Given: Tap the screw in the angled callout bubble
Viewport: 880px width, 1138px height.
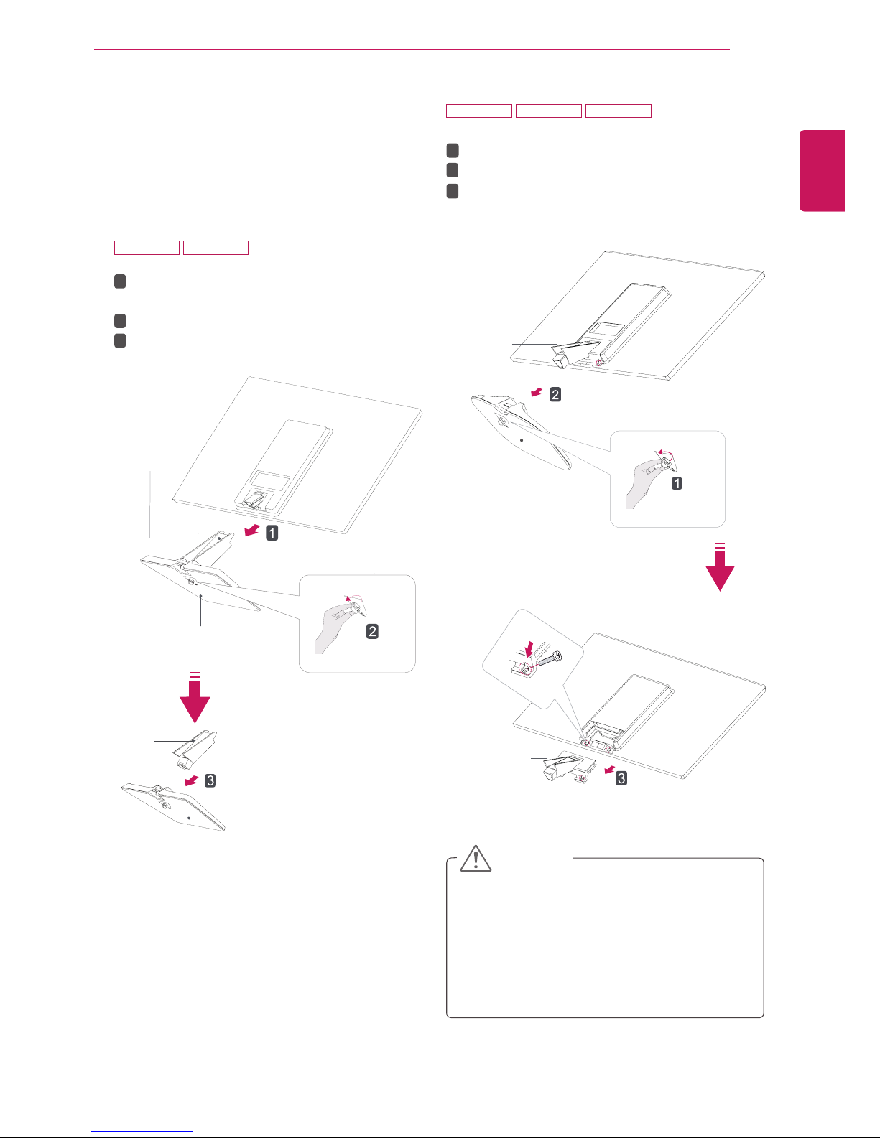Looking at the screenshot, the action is pos(549,658).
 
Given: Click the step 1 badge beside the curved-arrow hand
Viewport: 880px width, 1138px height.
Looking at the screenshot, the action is pos(677,483).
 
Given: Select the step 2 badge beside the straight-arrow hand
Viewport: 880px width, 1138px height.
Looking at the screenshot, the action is pos(373,632).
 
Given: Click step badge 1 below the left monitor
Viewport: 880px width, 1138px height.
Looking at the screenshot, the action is pos(272,533).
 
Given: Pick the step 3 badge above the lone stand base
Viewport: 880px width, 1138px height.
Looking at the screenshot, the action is pos(210,780).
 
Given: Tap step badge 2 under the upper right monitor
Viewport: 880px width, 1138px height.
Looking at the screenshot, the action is pos(555,394).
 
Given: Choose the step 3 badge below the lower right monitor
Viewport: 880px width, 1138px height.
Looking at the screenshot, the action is pos(621,778).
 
